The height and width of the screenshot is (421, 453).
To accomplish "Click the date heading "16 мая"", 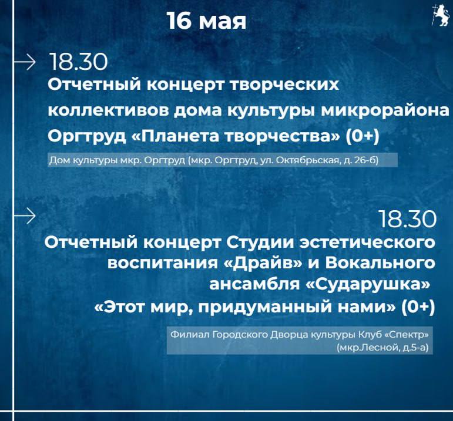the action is (x=207, y=21).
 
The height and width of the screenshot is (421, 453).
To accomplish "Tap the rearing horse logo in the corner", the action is (x=441, y=15).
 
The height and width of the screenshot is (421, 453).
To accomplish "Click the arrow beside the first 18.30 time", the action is (x=25, y=62).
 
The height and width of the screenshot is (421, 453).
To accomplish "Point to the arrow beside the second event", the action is (x=25, y=215).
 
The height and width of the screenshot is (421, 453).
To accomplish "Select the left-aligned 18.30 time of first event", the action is (x=79, y=62).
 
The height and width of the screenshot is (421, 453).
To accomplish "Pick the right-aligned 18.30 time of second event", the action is (x=407, y=219).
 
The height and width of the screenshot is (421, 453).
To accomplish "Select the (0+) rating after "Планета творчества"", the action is (x=363, y=136).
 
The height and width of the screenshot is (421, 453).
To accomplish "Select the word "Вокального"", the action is (x=380, y=263).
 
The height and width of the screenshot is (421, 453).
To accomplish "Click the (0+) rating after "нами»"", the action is (x=418, y=307).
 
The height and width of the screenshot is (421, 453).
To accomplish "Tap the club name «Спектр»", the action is (x=407, y=335).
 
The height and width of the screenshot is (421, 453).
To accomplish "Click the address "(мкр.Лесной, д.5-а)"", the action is (x=382, y=348).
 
